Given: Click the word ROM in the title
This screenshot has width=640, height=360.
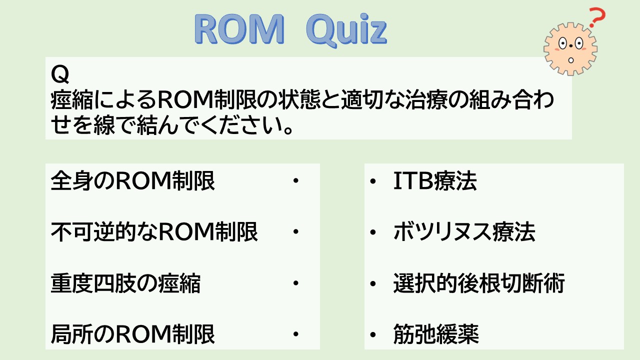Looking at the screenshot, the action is (239, 29).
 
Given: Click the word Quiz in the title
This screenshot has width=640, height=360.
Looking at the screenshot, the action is (346, 31).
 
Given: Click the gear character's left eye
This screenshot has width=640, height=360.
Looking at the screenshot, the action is (562, 43).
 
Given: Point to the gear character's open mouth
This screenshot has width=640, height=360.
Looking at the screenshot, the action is (571, 60).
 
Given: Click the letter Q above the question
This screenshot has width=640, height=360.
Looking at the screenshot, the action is (59, 74).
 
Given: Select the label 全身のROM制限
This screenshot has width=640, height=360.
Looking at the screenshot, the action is (132, 180).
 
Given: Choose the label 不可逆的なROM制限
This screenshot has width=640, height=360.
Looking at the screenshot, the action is (154, 231).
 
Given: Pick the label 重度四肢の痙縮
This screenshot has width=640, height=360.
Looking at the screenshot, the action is (125, 283).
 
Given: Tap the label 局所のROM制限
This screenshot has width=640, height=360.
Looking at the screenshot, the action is (132, 333).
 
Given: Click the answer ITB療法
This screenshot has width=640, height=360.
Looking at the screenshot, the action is (435, 180).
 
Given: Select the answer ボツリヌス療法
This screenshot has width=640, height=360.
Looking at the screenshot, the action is (464, 231).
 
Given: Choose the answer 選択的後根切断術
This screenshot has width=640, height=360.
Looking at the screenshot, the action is (479, 283).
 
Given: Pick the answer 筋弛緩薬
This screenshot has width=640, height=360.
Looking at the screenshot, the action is (436, 333).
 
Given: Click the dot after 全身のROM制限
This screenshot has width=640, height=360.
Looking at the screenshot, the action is (295, 180).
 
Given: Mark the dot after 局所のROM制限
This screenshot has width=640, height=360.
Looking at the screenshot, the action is (295, 333).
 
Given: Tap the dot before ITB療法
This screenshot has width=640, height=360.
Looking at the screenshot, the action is (372, 181).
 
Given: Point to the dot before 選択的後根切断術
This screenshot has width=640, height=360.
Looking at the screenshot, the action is (372, 283).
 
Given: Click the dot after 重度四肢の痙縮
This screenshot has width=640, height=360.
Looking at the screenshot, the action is (295, 283).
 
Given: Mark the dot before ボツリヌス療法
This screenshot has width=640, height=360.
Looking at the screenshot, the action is (372, 232).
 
